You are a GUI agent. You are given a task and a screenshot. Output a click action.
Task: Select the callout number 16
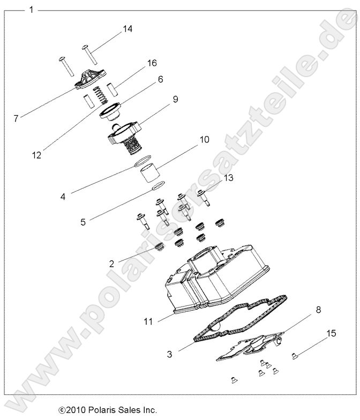pyautogui.click(x=152, y=63)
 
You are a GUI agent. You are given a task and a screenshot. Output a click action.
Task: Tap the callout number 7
pyautogui.click(x=16, y=118)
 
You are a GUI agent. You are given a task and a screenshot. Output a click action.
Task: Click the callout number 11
pyautogui.click(x=148, y=321)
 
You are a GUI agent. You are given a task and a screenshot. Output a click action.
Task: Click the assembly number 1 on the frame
pyautogui.click(x=32, y=10)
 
